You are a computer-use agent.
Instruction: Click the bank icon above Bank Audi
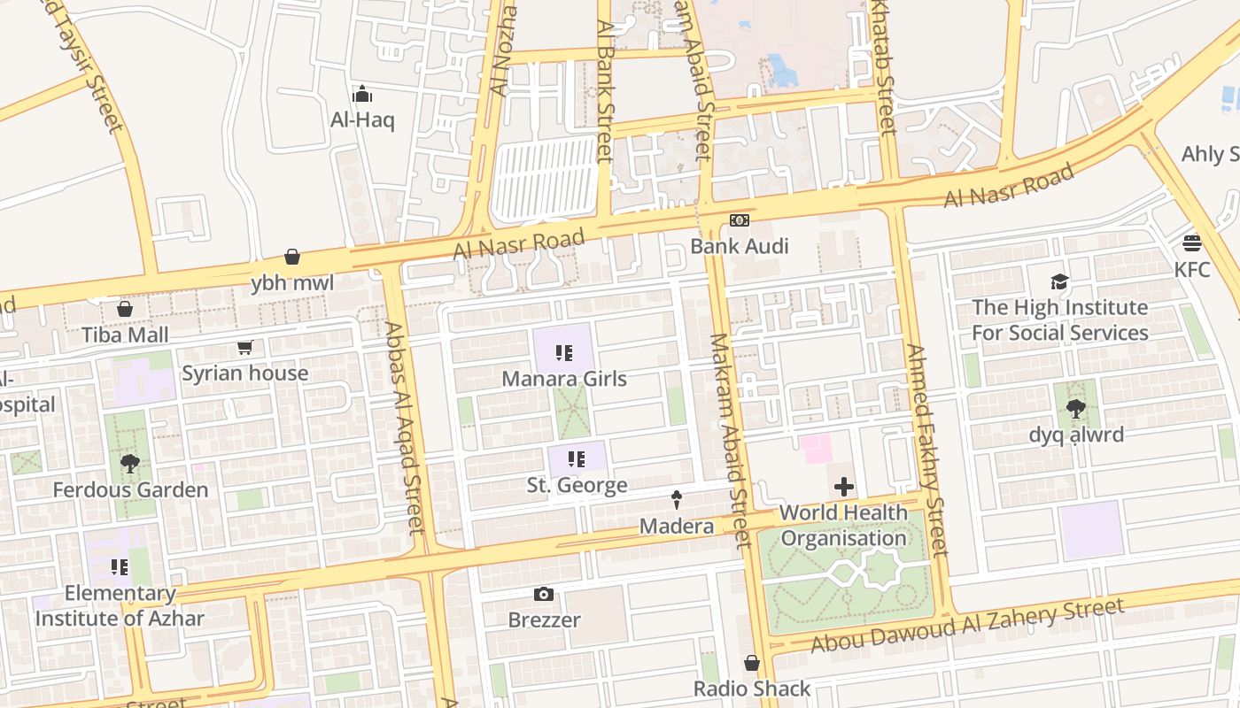739,220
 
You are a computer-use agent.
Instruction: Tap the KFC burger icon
1192,243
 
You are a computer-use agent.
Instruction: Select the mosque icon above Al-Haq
362,94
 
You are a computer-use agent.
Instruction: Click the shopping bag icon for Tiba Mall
125,309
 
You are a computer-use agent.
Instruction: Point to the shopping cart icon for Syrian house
244,347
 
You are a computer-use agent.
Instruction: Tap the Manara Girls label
564,379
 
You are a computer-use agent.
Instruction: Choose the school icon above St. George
577,459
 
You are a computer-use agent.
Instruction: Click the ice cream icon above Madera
677,500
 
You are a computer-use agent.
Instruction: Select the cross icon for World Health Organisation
844,487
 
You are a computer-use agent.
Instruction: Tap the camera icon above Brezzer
544,594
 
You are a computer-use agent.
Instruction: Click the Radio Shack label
752,689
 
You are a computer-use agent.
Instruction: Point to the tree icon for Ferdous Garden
130,464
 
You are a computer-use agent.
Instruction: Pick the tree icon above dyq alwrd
1076,409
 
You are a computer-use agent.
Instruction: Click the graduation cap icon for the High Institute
1059,282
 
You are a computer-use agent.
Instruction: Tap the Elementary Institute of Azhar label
120,605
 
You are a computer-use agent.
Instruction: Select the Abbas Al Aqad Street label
405,427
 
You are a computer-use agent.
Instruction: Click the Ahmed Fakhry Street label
927,450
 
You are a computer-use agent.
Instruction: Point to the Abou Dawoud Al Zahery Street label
967,625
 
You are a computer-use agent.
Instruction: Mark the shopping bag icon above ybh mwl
292,258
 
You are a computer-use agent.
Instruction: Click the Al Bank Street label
605,91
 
